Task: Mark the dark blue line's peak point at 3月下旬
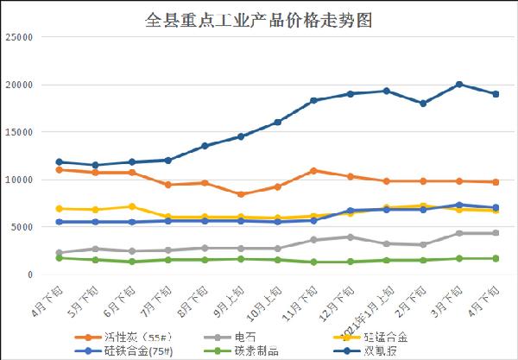(x=459, y=85)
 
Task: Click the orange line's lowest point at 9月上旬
(x=242, y=194)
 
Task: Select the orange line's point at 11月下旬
(x=314, y=170)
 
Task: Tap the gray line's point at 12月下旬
(x=351, y=237)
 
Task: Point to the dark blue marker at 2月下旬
(x=423, y=104)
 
